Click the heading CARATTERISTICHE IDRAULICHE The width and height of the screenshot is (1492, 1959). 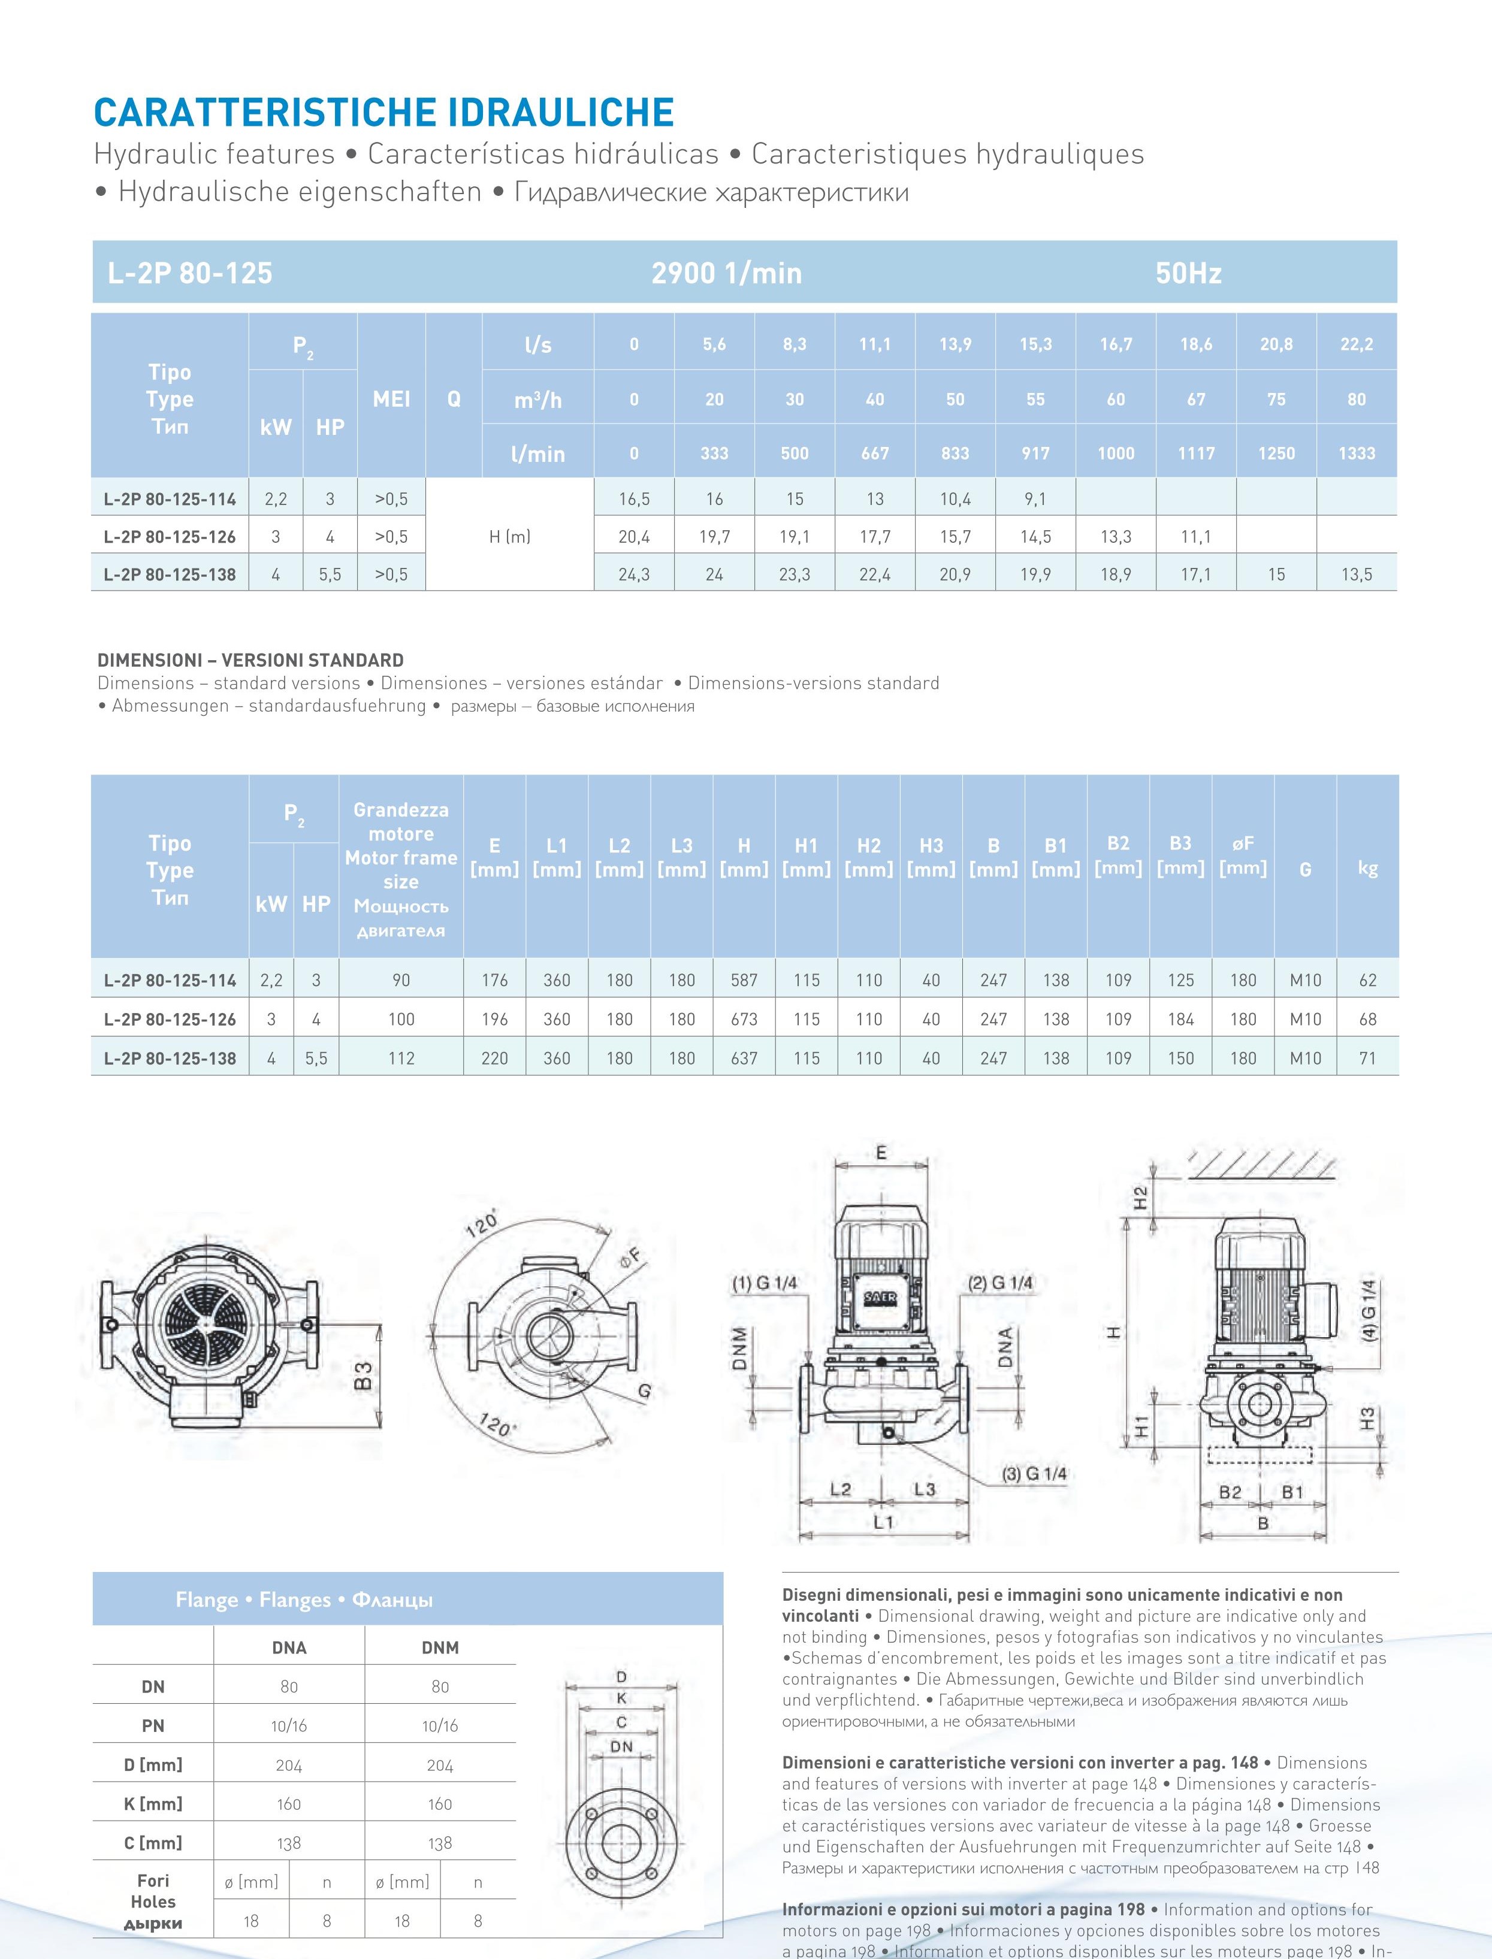coord(383,113)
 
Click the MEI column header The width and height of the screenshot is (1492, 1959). coord(392,400)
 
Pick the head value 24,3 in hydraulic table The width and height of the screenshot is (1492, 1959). coord(634,575)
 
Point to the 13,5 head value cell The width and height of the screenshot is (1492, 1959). coord(1356,575)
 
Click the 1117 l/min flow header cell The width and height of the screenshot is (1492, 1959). coord(1196,453)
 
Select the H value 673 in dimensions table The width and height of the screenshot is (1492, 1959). coord(744,1020)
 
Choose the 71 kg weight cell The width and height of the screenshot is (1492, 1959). coord(1367,1057)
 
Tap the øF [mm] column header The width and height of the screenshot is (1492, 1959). coord(1243,855)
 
